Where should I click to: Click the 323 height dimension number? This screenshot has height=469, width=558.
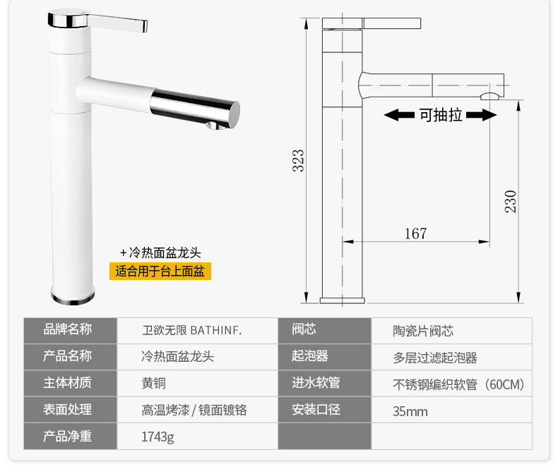click(298, 161)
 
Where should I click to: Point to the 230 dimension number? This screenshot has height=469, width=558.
click(510, 202)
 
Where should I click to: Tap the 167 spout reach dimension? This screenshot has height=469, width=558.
click(415, 233)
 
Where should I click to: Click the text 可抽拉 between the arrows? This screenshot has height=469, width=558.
click(441, 115)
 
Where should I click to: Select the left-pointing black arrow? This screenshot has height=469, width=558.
click(399, 115)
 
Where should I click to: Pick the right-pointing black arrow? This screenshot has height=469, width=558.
click(481, 115)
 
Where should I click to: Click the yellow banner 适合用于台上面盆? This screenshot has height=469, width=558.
click(160, 271)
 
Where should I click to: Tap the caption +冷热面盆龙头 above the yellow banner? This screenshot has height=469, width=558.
click(160, 252)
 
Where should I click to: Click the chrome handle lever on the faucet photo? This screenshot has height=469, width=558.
click(117, 22)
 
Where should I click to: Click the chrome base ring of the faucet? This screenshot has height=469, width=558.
click(73, 298)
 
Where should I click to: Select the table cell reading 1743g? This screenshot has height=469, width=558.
click(158, 437)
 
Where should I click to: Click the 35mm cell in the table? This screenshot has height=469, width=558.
click(410, 411)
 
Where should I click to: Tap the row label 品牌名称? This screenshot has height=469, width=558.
click(68, 329)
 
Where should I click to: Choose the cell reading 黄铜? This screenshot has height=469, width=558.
click(153, 383)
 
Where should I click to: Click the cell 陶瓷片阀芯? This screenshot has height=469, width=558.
click(423, 331)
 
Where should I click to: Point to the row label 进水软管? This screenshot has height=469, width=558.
click(316, 383)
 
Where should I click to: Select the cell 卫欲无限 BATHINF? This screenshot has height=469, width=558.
click(192, 331)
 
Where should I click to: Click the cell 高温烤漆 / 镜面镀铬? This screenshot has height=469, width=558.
click(194, 410)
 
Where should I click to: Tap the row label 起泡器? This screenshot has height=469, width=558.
click(309, 355)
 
